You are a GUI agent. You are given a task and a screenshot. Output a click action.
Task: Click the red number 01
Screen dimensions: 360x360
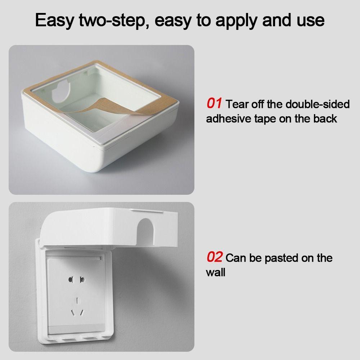pyautogui.click(x=214, y=103)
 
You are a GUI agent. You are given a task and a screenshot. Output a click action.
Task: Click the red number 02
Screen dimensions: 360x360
pyautogui.click(x=215, y=257)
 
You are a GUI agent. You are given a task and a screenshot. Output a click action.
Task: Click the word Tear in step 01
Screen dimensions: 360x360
pyautogui.click(x=237, y=104)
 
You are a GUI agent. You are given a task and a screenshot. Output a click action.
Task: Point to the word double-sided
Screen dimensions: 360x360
pyautogui.click(x=318, y=104)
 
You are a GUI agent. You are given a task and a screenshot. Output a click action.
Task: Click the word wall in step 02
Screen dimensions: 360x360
pyautogui.click(x=215, y=273)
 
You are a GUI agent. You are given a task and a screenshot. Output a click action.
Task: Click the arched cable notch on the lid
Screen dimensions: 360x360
pyautogui.click(x=144, y=231)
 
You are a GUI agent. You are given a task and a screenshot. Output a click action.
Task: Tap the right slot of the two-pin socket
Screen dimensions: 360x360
pyautogui.click(x=82, y=280)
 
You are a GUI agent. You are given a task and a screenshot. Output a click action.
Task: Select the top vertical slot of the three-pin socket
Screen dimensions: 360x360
pyautogui.click(x=77, y=301)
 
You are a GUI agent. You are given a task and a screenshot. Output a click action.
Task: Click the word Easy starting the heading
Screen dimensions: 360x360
pyautogui.click(x=55, y=21)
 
